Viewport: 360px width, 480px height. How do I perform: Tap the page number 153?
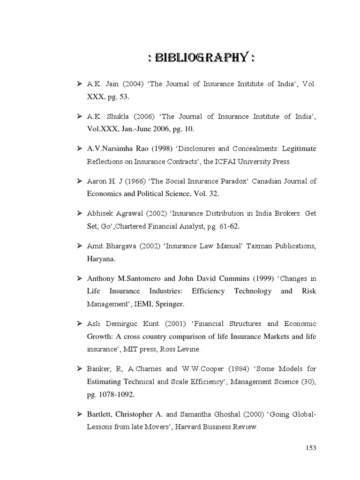pos(311,448)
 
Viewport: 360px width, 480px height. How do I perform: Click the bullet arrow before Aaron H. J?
pos(80,181)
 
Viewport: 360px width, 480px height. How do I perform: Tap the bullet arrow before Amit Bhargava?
pos(80,246)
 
